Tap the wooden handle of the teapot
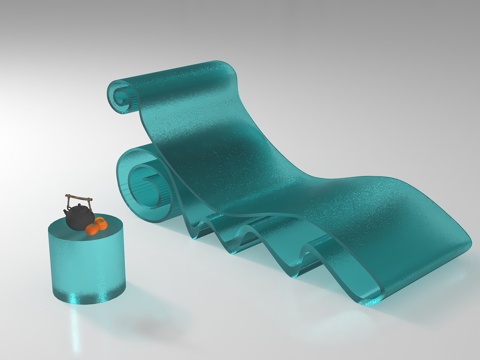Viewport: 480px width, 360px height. tap(80, 197)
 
